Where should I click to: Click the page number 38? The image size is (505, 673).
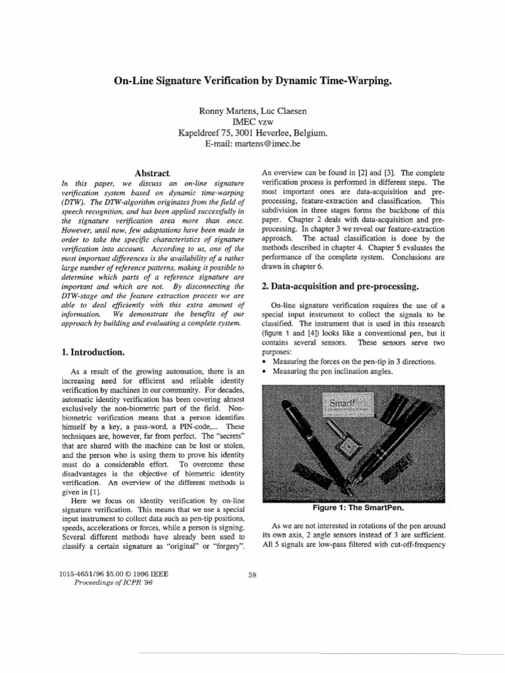pos(252,575)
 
